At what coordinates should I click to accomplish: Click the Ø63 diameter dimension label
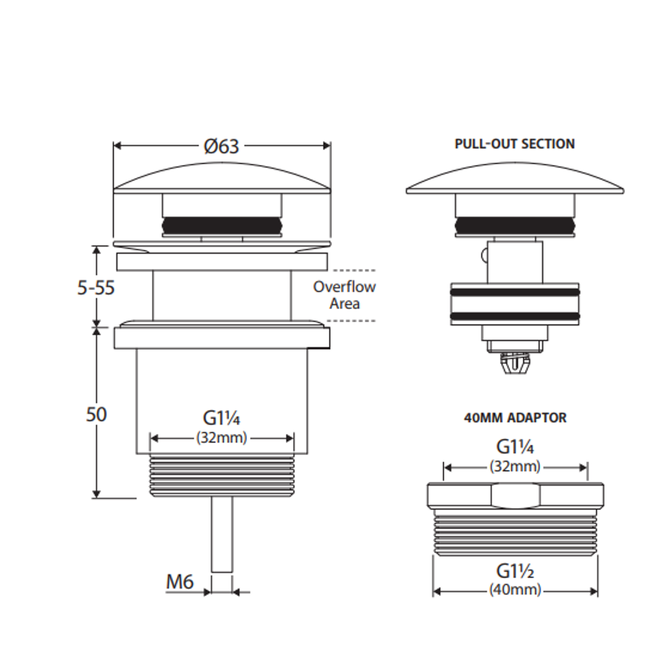click(222, 147)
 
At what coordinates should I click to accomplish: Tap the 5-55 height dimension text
click(96, 288)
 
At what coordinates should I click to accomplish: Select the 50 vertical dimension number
click(96, 414)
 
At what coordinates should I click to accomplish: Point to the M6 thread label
click(180, 581)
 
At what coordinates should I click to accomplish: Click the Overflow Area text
click(344, 295)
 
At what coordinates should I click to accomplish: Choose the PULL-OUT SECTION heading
click(515, 143)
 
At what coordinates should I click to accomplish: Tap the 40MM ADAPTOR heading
click(515, 417)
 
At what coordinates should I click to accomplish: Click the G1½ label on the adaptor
click(515, 571)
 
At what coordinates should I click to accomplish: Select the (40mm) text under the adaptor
click(515, 589)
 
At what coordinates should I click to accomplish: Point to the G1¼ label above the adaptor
click(515, 447)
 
